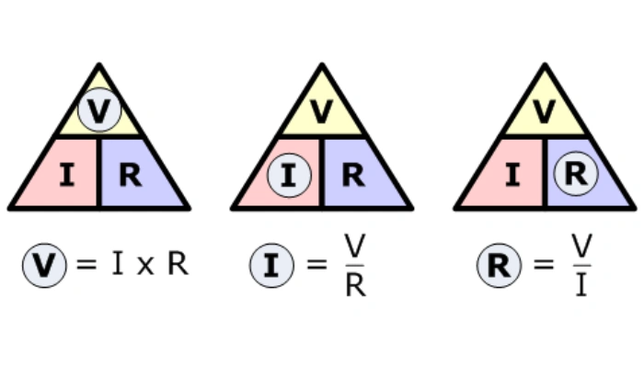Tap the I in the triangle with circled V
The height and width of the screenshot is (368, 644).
click(66, 175)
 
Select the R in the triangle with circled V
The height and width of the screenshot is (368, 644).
click(131, 175)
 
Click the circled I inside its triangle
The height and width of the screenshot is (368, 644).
click(289, 175)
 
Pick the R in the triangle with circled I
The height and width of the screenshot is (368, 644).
click(353, 175)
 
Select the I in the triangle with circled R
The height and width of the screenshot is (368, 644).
click(512, 175)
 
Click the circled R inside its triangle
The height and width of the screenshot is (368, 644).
click(576, 174)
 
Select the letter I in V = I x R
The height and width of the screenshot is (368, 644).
click(117, 265)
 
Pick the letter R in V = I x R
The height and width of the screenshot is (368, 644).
click(177, 265)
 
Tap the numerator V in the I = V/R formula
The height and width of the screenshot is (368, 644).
click(355, 246)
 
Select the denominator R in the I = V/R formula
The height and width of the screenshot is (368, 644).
click(355, 286)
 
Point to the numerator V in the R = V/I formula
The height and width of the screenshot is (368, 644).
click(581, 246)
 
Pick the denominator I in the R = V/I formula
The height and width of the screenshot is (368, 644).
click(581, 286)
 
